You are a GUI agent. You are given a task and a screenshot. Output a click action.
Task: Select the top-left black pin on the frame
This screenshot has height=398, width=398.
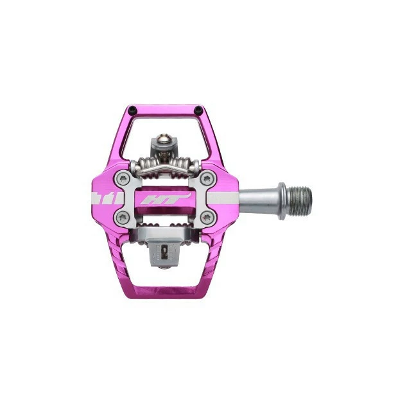click(131, 108)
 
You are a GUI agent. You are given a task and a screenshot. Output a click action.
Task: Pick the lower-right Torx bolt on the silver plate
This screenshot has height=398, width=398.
click(206, 217)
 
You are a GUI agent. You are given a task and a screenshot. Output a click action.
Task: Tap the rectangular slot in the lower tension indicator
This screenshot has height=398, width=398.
click(165, 251)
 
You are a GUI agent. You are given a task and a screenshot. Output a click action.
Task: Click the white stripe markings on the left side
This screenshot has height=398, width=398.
click(103, 197)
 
